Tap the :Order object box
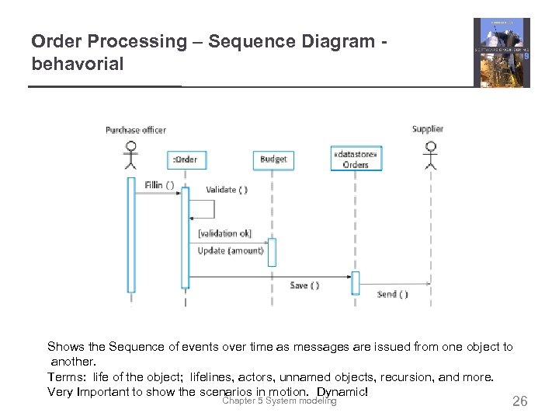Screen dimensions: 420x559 [x=185, y=159]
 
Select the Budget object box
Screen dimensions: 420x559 [x=273, y=159]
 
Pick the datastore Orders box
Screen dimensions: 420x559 [x=355, y=159]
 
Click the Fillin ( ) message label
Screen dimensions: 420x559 [x=159, y=185]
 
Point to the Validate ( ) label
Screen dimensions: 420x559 [x=227, y=190]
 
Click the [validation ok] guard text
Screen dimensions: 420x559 [x=224, y=233]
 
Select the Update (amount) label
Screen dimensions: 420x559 [x=230, y=250]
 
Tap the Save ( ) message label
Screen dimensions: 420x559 [x=304, y=285]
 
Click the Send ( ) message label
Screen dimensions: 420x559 [x=392, y=294]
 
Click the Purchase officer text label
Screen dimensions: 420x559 [x=136, y=130]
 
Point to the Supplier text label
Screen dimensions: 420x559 [x=428, y=129]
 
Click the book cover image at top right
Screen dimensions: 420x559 [x=502, y=53]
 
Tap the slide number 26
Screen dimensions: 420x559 [x=519, y=401]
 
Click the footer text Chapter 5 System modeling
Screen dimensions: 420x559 [x=279, y=401]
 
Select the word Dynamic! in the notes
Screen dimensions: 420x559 [x=342, y=391]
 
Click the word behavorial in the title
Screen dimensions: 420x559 [x=78, y=65]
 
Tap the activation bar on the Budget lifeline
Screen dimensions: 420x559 [x=272, y=253]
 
